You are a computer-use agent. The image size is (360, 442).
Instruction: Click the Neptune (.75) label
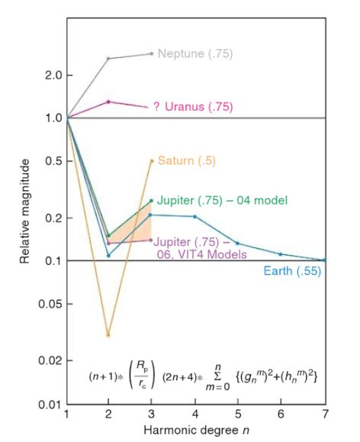(195, 53)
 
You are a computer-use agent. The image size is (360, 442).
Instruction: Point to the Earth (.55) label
(291, 270)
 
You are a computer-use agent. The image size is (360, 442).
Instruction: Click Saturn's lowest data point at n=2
(108, 334)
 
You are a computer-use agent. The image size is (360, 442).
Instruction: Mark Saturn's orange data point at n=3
(152, 161)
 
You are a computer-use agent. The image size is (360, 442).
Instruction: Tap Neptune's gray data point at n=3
(152, 53)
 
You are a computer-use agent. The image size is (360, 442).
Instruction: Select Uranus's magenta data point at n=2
(108, 102)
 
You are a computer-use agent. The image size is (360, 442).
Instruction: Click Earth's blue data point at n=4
(195, 217)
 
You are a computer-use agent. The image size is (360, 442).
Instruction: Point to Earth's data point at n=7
(325, 260)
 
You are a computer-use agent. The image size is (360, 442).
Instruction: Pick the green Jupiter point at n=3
(152, 201)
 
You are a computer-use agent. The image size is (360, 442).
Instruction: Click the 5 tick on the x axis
(239, 415)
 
